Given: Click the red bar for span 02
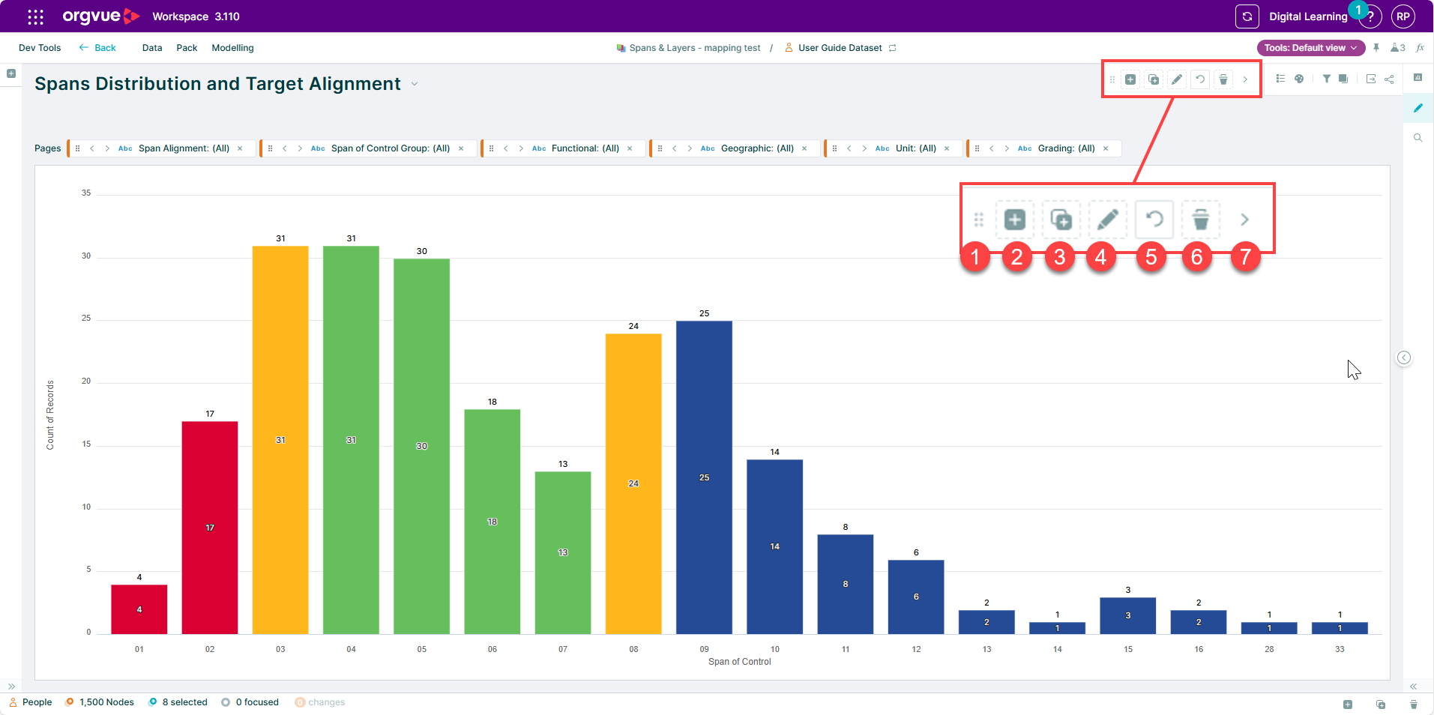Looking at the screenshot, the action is [210, 527].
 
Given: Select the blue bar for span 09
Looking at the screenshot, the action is [704, 477].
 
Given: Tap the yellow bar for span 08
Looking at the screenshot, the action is [633, 483].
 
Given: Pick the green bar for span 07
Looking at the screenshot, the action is [563, 552].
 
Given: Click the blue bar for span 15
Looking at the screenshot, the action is [1128, 615].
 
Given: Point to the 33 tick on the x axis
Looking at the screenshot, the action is [1340, 649].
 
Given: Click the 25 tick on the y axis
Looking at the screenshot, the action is [86, 318].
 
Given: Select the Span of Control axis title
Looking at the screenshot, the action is [740, 662].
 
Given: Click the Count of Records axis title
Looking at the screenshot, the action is [50, 415].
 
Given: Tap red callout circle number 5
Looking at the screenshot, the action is [1151, 257].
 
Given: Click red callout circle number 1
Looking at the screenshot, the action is [975, 257].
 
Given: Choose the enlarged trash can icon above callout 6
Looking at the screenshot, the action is [1201, 220].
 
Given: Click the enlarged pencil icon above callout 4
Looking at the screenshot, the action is [1108, 220].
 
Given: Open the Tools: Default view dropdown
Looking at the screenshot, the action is [1311, 48].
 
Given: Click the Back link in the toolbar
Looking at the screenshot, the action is [97, 48].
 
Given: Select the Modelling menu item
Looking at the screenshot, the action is [232, 48].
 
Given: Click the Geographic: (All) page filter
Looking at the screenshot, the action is [757, 148].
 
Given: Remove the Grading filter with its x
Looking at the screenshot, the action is [1106, 148].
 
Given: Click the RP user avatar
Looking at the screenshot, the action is [1403, 16].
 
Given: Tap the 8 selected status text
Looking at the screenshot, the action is [184, 702].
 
